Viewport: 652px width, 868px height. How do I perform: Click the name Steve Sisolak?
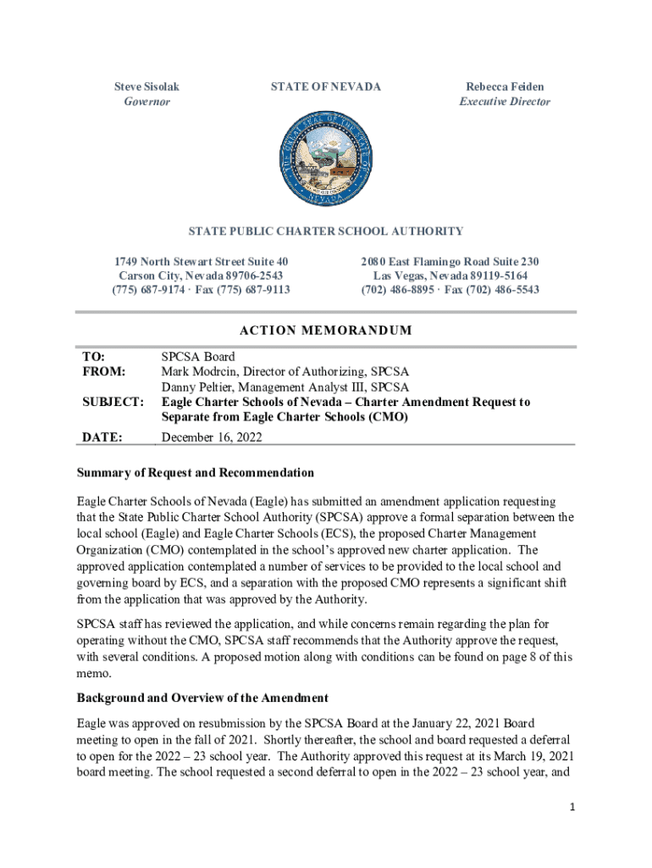pyautogui.click(x=146, y=86)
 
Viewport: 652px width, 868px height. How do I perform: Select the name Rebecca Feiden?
pyautogui.click(x=505, y=86)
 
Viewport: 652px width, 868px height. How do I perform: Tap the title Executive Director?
pyautogui.click(x=505, y=102)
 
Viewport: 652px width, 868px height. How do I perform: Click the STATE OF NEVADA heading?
pyautogui.click(x=325, y=86)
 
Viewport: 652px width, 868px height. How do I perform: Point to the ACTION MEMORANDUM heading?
pyautogui.click(x=325, y=330)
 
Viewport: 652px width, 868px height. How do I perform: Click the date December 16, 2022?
pyautogui.click(x=212, y=437)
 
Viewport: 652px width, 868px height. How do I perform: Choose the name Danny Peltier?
pyautogui.click(x=200, y=387)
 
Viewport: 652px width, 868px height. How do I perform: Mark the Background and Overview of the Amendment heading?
pyautogui.click(x=202, y=698)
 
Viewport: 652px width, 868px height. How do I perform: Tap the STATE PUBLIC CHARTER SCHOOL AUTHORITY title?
pyautogui.click(x=325, y=231)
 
